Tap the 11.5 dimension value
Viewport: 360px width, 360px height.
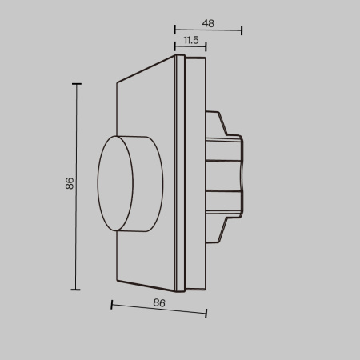191,39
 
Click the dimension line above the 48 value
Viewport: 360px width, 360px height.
208,31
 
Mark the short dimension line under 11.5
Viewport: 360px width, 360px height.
190,49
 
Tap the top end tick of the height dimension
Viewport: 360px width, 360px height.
77,82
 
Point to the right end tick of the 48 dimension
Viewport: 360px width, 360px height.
242,31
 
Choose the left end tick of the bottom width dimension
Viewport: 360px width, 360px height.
111,305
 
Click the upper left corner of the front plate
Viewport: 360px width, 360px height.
118,81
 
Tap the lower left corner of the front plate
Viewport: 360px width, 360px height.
118,282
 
